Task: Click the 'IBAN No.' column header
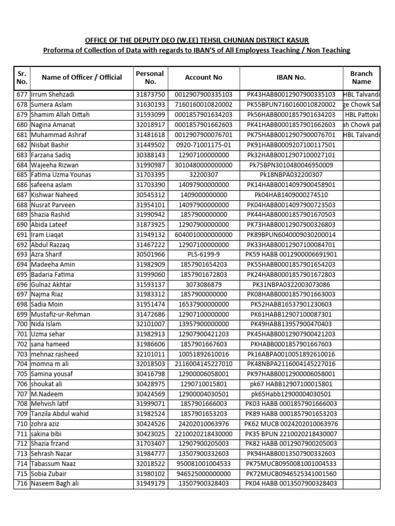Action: tap(291, 78)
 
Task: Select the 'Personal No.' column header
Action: tap(150, 78)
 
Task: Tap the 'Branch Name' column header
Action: tap(361, 78)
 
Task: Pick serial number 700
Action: tap(22, 324)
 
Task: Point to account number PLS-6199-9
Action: tap(204, 254)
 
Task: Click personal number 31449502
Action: tap(150, 145)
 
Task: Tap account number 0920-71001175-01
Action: tap(204, 145)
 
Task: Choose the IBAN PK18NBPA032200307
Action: tap(291, 175)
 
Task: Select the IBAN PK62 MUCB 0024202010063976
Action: tap(291, 424)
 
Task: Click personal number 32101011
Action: tap(150, 354)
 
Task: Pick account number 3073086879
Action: tap(204, 285)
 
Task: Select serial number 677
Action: tap(22, 95)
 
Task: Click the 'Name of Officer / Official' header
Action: tap(82, 78)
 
